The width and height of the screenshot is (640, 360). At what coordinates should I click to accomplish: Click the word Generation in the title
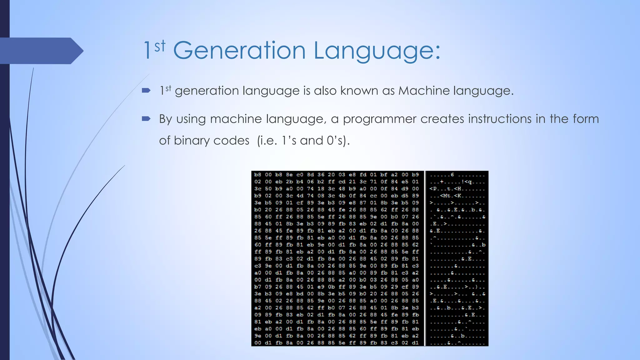(x=239, y=50)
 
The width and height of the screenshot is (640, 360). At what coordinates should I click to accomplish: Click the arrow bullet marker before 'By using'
(x=146, y=119)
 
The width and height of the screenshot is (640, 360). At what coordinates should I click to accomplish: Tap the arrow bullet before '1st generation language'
(x=146, y=91)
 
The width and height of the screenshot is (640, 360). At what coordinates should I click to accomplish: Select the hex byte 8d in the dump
(x=310, y=175)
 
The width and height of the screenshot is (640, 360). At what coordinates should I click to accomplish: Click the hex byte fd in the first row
(x=363, y=175)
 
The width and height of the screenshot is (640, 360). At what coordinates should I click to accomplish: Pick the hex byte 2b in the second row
(x=289, y=182)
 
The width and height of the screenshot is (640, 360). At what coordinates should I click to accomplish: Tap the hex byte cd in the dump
(x=342, y=182)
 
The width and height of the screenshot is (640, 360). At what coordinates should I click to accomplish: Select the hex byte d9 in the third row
(x=405, y=189)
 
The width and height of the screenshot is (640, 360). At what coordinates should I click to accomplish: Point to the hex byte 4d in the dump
(x=300, y=196)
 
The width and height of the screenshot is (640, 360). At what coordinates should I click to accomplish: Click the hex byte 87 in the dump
(x=363, y=203)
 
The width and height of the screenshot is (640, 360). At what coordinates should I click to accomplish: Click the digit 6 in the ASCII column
(x=452, y=175)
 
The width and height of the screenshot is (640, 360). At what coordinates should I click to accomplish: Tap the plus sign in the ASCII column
(x=442, y=182)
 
